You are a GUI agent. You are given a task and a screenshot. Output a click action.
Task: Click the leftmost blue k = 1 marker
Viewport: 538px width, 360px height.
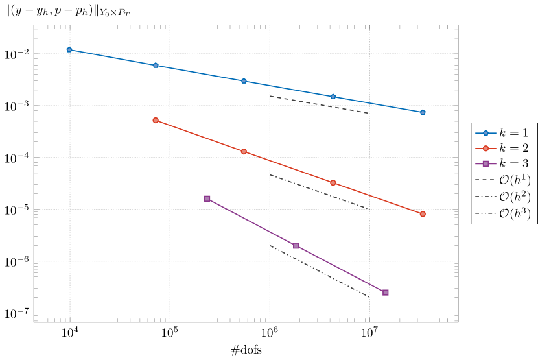[x=69, y=50]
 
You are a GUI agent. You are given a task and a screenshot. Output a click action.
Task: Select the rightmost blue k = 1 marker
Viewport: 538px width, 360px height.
[x=423, y=112]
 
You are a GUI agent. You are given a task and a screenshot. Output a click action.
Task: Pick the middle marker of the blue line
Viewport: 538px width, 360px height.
[x=244, y=81]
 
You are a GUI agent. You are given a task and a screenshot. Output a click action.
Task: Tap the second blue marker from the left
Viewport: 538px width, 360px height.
[x=156, y=66]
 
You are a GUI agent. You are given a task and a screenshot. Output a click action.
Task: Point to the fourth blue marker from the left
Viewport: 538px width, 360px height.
[x=333, y=97]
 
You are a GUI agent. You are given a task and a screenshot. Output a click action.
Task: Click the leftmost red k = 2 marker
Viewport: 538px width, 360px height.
[x=156, y=120]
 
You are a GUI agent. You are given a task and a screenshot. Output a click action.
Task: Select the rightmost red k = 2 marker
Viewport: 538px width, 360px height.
[x=423, y=214]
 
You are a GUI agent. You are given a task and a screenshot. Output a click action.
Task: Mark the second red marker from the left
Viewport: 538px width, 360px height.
[x=244, y=152]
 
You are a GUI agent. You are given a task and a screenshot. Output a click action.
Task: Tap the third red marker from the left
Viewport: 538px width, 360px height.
[x=333, y=183]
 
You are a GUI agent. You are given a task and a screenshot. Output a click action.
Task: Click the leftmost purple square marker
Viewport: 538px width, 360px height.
[x=207, y=198]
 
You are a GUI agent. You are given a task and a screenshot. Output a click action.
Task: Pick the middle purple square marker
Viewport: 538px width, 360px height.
[x=296, y=246]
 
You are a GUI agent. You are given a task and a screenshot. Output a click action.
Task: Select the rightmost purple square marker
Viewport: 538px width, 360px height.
[x=386, y=293]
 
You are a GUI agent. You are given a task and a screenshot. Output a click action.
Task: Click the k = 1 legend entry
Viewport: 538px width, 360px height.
[x=504, y=133]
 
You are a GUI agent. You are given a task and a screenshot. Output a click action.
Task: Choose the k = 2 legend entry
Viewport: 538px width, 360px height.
[x=504, y=148]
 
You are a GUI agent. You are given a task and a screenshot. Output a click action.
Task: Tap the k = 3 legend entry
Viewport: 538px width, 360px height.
[x=504, y=163]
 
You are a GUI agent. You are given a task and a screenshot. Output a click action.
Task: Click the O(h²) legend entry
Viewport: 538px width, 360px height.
[x=504, y=197]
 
